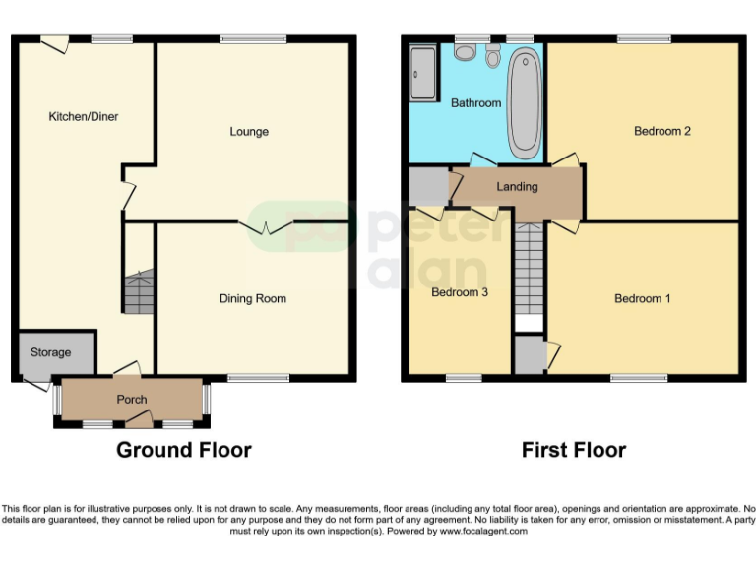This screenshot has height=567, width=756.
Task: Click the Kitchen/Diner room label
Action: tap(84, 116)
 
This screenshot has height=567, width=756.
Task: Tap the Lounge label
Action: tap(249, 132)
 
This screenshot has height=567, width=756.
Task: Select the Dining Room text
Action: tap(253, 298)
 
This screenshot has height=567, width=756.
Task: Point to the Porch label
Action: tap(132, 400)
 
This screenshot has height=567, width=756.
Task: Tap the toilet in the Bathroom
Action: tap(493, 56)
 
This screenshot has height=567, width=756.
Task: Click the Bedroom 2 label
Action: tap(661, 131)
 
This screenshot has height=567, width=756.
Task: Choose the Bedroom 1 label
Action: tap(643, 298)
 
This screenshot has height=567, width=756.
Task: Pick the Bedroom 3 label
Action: tap(460, 292)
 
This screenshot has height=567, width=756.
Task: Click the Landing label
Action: tap(517, 187)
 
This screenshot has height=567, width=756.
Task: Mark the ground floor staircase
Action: tap(138, 291)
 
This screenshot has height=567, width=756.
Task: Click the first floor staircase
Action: tap(529, 271)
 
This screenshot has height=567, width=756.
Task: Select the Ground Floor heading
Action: tap(184, 450)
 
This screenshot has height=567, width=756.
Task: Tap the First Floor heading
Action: tap(574, 450)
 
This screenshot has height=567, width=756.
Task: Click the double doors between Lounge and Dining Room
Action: tap(266, 226)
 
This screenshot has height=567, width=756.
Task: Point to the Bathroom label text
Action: tap(475, 103)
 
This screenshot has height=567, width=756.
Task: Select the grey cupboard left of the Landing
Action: tap(427, 186)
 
